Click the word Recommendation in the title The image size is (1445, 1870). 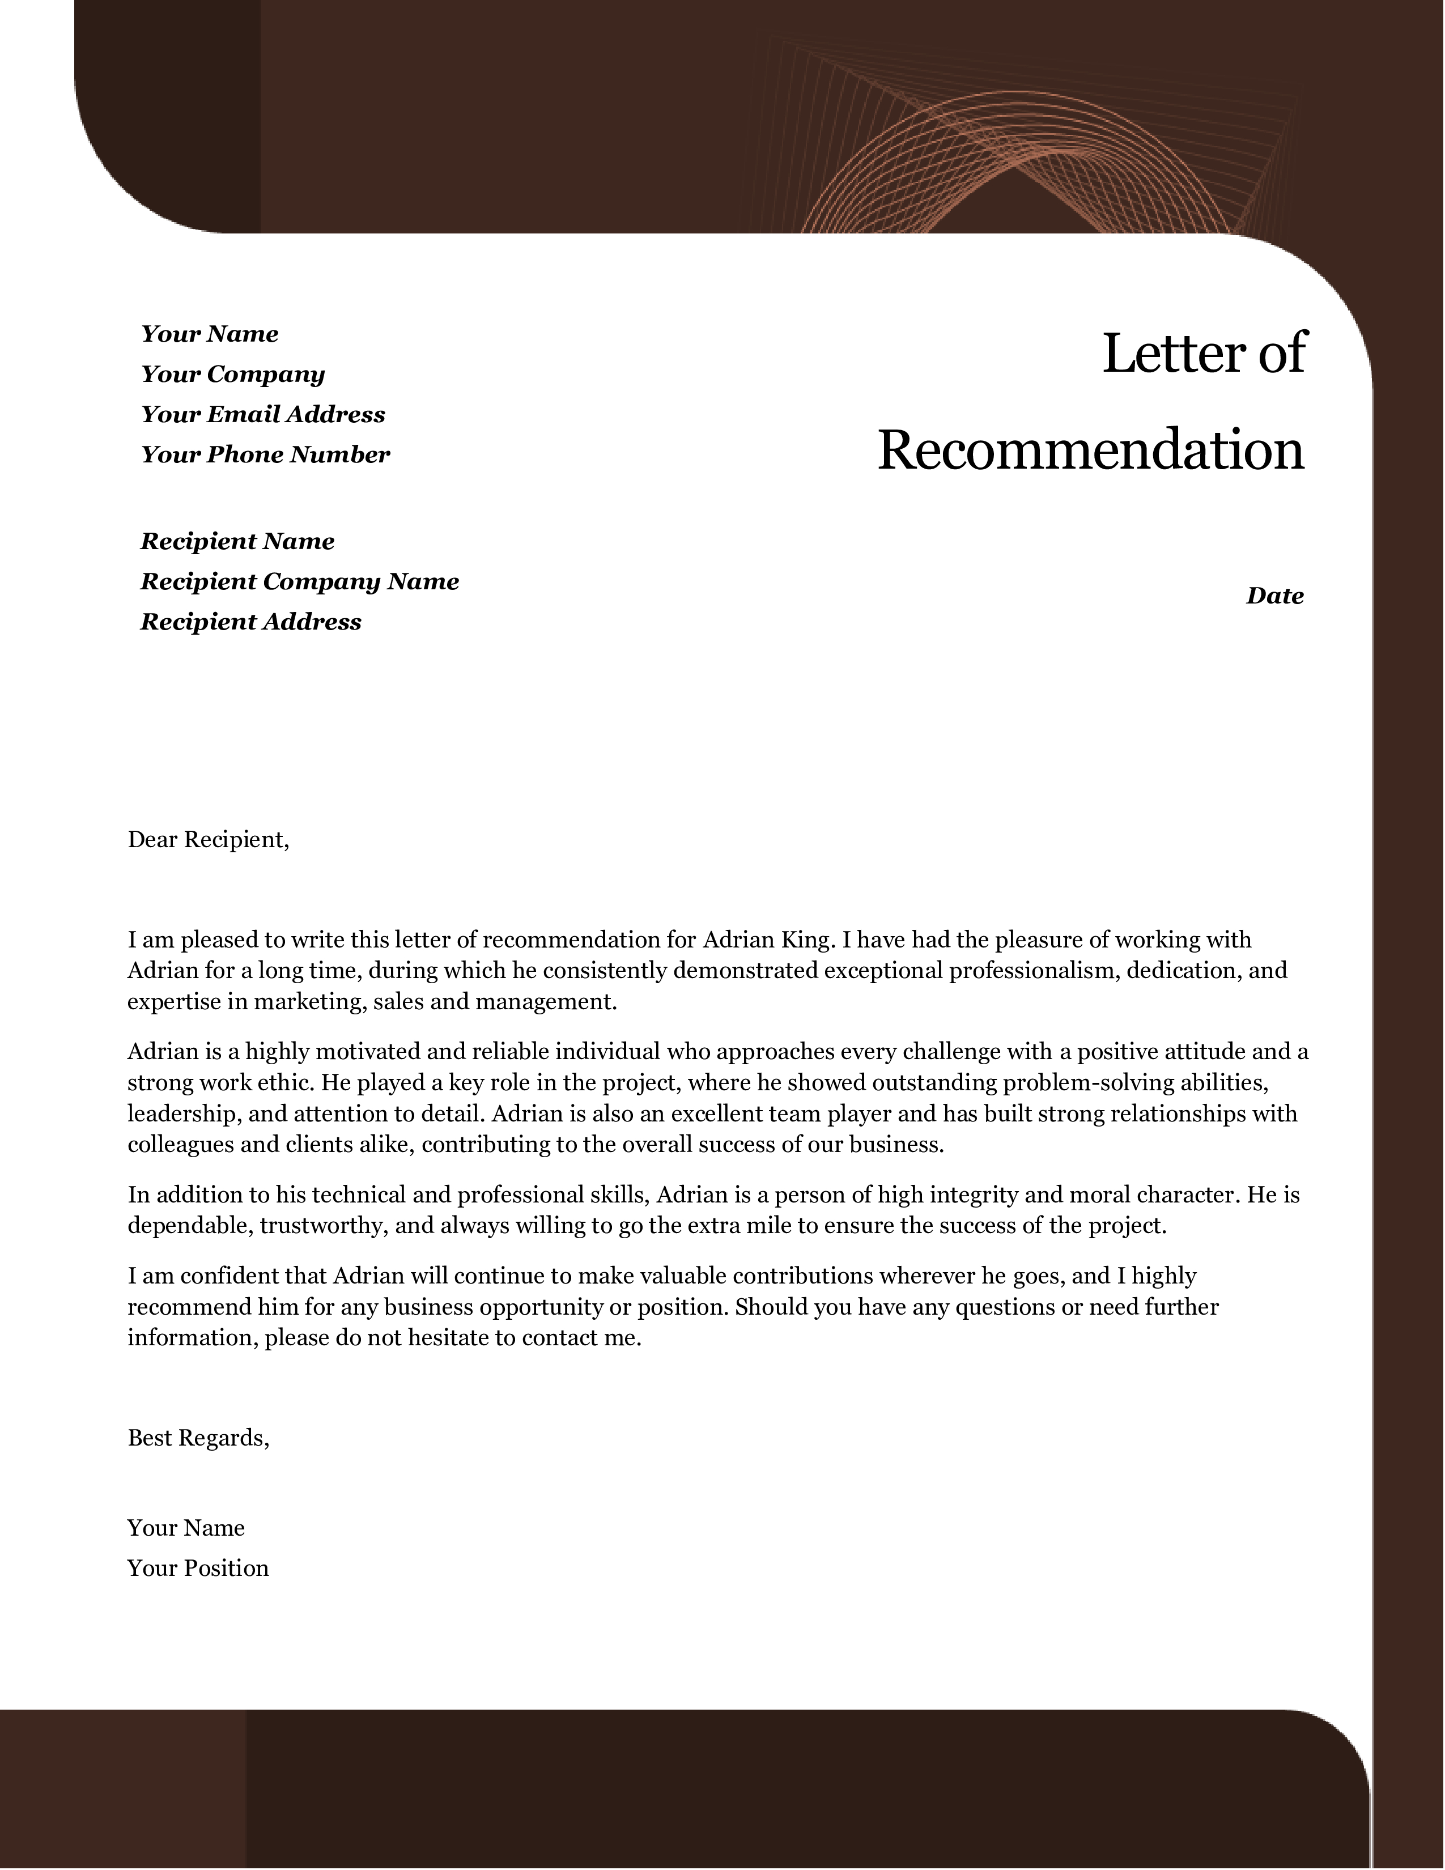click(x=1091, y=450)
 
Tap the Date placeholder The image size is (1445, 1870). click(x=1274, y=596)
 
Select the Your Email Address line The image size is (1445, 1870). click(x=263, y=414)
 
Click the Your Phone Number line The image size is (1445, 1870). click(x=265, y=454)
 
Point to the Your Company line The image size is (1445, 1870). click(x=233, y=374)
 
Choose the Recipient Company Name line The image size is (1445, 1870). click(x=300, y=582)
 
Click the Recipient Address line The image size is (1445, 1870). click(x=251, y=622)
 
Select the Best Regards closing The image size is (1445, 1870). click(x=198, y=1438)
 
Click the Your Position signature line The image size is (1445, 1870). click(x=198, y=1568)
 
